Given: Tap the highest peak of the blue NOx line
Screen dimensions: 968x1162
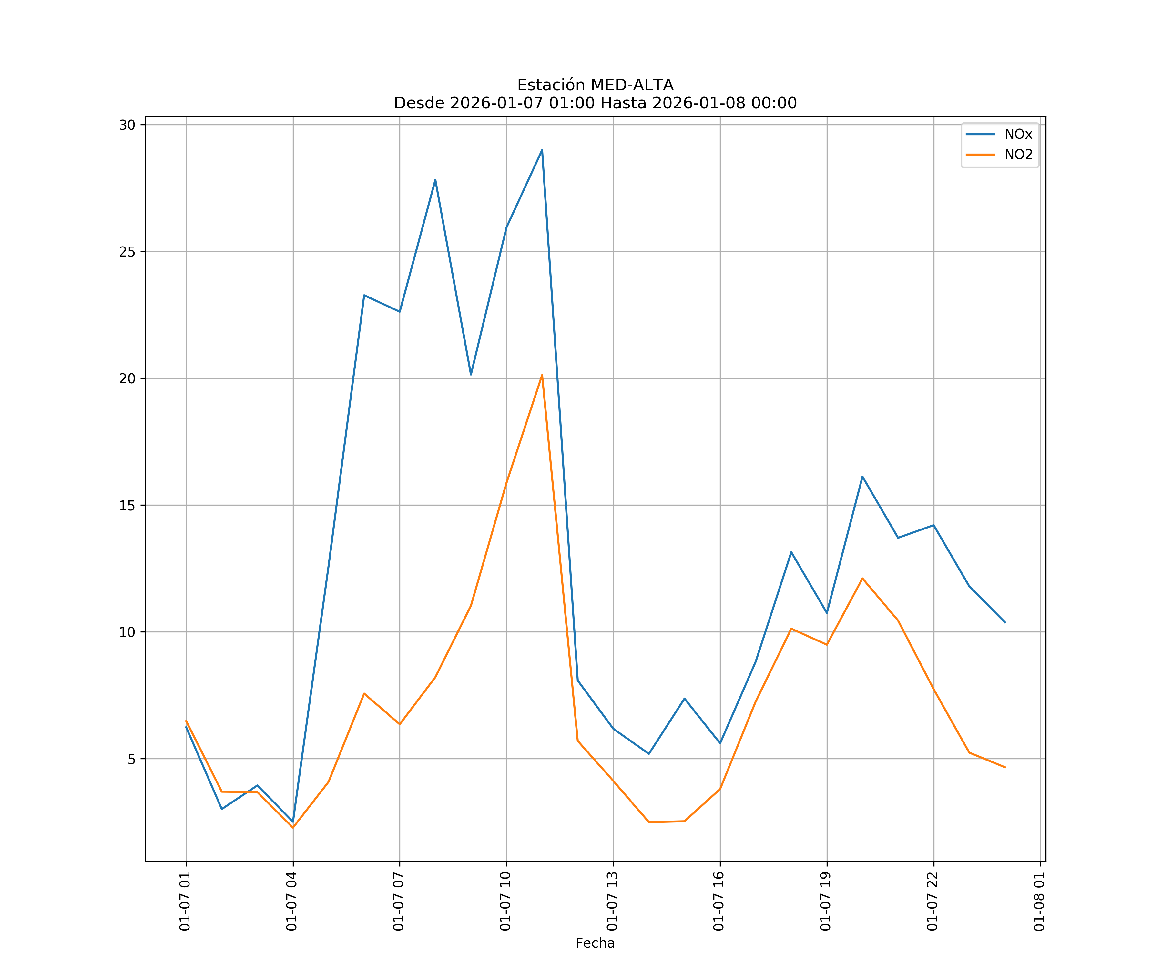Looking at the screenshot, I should (x=542, y=150).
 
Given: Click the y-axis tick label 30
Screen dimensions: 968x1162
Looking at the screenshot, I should (x=127, y=125).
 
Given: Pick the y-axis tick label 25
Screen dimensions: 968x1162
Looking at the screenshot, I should (x=127, y=252).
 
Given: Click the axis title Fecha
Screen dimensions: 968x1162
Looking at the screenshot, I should (x=595, y=943).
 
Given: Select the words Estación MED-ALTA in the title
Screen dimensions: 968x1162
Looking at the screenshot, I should (x=595, y=85).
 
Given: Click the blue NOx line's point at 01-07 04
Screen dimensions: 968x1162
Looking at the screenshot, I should (x=293, y=822).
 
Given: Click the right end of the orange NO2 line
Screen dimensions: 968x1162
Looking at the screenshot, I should (x=1005, y=767).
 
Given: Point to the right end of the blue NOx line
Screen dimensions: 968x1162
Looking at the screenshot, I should (x=1005, y=622).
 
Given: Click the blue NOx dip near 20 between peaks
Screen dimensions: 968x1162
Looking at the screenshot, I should (x=471, y=375).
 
